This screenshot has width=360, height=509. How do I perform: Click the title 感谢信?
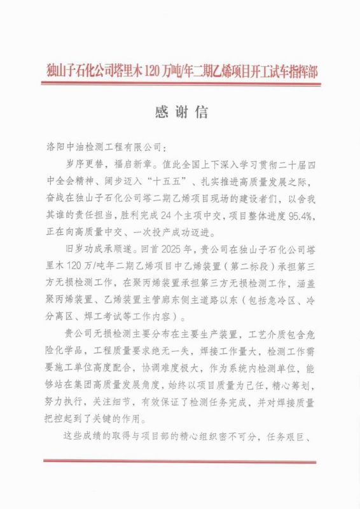click(x=181, y=113)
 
